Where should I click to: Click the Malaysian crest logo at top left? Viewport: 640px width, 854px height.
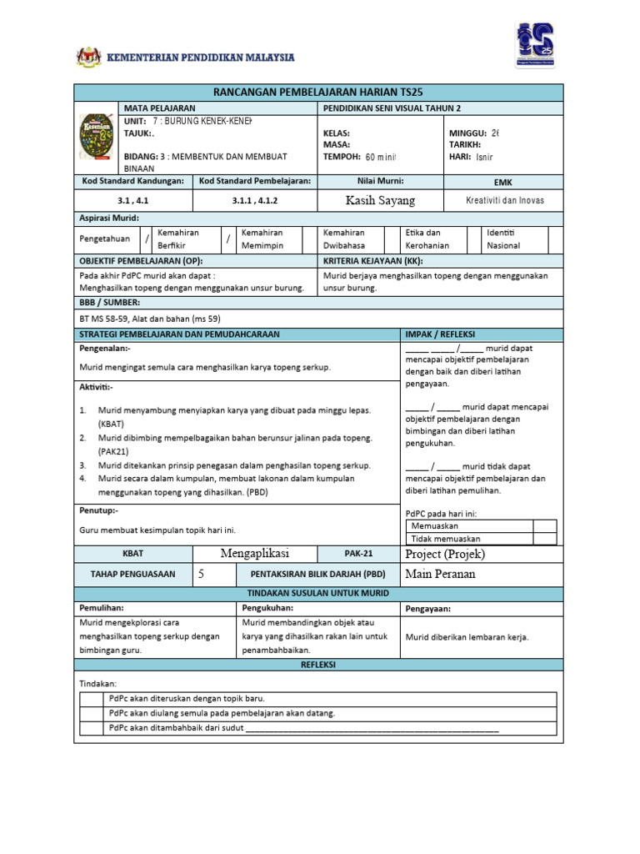coord(88,57)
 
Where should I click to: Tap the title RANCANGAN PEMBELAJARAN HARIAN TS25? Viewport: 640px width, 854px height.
coord(319,92)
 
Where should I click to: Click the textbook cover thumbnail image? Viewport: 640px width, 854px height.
coord(97,143)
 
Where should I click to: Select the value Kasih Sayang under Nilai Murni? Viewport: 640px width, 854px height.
coord(380,201)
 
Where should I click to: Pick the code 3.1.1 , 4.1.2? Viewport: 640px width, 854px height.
coord(255,201)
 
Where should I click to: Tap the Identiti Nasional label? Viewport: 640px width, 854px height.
coord(505,239)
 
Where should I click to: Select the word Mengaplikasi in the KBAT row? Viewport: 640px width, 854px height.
coord(254,554)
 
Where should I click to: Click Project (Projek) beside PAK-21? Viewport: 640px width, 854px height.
coord(444,554)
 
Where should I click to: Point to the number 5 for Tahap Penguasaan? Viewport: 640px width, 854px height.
coord(201,574)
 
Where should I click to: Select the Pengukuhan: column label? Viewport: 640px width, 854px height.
coord(264,609)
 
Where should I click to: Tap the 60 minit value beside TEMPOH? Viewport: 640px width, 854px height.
coord(381,157)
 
